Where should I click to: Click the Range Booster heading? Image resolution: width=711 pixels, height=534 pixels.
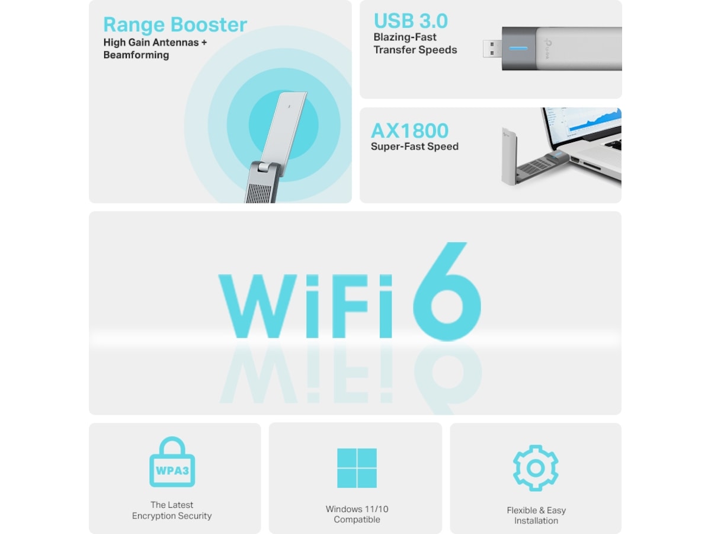(x=175, y=25)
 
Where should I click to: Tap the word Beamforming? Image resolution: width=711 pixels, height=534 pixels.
(x=136, y=55)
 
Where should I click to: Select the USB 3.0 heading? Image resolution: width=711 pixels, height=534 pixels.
(x=411, y=21)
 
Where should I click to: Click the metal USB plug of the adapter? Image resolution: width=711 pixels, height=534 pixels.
(x=492, y=49)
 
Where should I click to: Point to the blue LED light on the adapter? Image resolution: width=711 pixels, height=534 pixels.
(x=518, y=49)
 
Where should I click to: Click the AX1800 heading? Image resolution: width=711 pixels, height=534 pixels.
(x=410, y=131)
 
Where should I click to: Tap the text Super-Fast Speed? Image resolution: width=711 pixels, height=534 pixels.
(x=415, y=147)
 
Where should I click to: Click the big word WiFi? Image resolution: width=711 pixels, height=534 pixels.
(x=305, y=306)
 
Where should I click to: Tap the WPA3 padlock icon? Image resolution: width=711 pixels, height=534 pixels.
(x=172, y=463)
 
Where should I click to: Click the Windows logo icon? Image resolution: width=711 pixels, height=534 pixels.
(x=357, y=468)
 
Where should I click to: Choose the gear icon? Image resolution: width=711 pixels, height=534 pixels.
(x=536, y=468)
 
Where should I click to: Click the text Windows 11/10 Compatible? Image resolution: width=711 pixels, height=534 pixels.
(x=357, y=514)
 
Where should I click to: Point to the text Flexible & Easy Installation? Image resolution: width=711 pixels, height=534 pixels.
(x=536, y=516)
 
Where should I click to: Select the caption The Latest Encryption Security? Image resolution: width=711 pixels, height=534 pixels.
(x=172, y=510)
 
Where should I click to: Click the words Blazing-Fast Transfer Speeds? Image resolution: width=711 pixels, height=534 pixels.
(x=415, y=44)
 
